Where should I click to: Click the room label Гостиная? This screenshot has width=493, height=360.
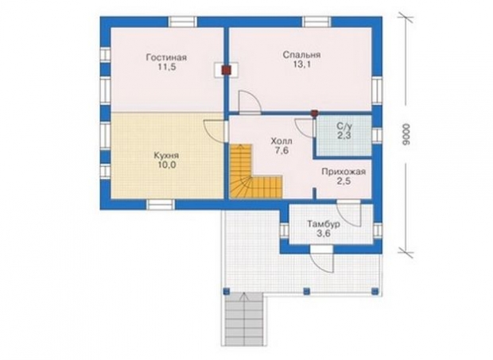tap(166, 58)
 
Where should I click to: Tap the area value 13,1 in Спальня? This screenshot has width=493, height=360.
tap(301, 64)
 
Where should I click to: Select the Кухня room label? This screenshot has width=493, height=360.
tap(166, 156)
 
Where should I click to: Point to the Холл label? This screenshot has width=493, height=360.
tap(281, 141)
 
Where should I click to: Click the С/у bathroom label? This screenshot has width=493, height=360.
tap(344, 126)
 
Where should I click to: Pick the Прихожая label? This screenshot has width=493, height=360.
tap(344, 172)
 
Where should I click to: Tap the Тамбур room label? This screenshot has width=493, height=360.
tap(323, 224)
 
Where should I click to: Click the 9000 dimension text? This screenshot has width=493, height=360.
tap(406, 134)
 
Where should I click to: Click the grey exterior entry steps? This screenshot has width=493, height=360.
tap(244, 318)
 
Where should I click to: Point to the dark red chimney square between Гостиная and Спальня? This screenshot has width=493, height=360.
tap(226, 69)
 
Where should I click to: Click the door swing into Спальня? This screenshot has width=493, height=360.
tap(250, 102)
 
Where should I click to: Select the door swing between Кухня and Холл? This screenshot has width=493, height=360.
tap(215, 131)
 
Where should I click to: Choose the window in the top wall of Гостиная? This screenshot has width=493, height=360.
tap(182, 21)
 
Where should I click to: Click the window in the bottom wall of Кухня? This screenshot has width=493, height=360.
tap(161, 205)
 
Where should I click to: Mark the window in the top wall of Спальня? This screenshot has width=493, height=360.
tap(317, 21)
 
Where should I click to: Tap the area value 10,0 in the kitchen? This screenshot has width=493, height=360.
tap(167, 165)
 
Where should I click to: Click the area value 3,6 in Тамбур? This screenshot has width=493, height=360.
tap(323, 234)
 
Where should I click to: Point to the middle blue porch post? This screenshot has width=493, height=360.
tap(306, 291)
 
